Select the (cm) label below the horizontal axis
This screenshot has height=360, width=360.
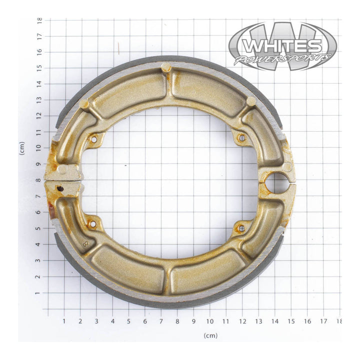point(210,335)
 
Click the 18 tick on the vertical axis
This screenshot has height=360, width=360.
point(39,20)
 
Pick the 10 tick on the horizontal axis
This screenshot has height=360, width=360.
point(210,321)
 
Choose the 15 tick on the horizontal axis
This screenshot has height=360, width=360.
point(291,321)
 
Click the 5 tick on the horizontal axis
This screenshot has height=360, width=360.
point(128,321)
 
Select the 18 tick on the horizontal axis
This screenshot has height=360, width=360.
point(339,321)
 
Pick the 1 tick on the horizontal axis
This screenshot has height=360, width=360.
point(64,321)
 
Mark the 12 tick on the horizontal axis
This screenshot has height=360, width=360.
point(242,321)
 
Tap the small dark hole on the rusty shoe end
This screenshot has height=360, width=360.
point(60,188)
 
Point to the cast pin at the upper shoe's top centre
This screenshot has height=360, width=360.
point(166,68)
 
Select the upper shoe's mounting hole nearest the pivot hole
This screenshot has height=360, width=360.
point(241,137)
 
